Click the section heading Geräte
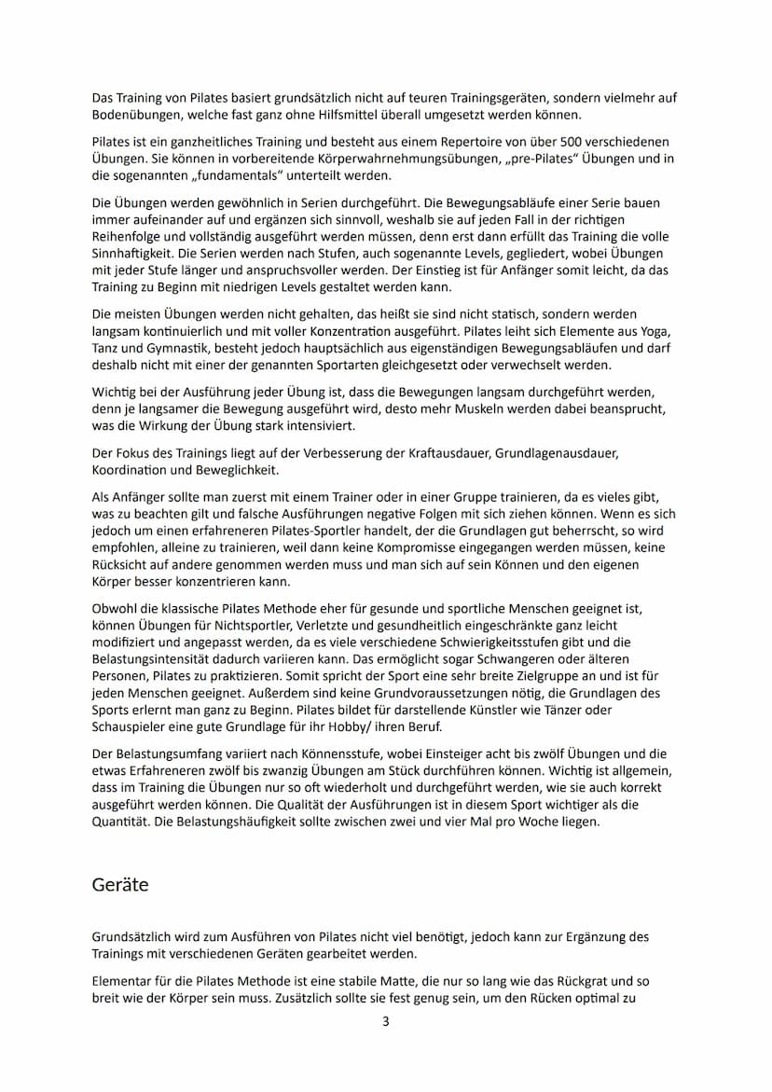point(120,884)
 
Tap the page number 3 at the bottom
point(386,1021)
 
